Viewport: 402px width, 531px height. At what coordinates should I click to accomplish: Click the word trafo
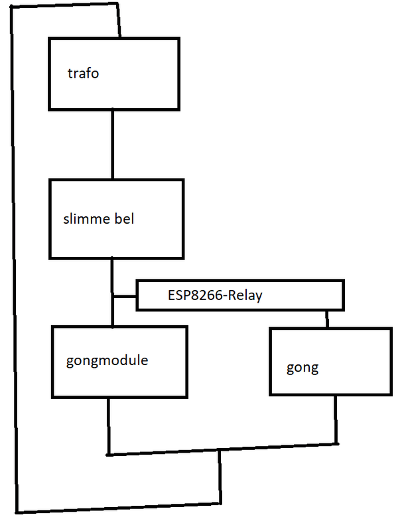click(83, 73)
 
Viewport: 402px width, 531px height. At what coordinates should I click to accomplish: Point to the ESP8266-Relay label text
click(215, 296)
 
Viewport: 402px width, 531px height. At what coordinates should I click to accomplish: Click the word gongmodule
click(107, 361)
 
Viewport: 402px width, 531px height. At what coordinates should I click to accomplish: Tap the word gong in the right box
click(302, 368)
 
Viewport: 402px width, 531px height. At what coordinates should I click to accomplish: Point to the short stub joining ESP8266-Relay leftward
click(125, 296)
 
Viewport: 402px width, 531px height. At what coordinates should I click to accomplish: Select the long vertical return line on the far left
click(13, 265)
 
